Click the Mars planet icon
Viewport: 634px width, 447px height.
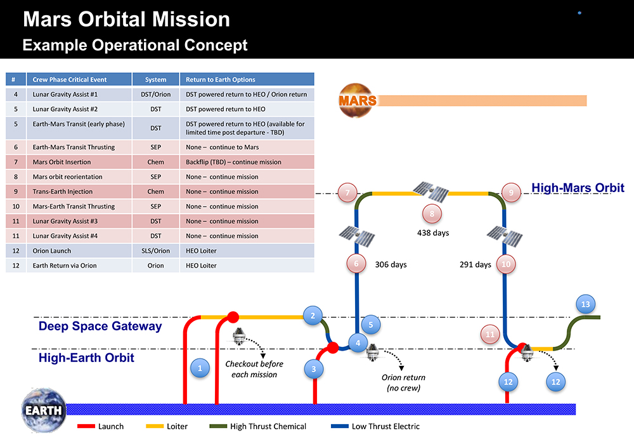(358, 100)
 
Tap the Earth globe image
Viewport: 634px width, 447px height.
(43, 409)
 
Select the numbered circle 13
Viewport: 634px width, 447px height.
(586, 305)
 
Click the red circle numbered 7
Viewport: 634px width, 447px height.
(348, 192)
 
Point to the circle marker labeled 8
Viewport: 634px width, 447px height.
(432, 214)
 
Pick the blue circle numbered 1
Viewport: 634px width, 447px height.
(200, 368)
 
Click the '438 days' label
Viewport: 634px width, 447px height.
(433, 233)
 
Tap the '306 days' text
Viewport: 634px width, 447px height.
(391, 264)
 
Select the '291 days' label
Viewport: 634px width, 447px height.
(475, 264)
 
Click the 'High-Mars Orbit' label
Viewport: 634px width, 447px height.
(578, 188)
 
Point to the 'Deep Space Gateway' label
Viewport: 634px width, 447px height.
(100, 327)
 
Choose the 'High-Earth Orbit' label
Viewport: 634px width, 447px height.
(86, 358)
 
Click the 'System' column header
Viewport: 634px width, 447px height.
(155, 80)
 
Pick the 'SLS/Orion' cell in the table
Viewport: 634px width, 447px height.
(155, 250)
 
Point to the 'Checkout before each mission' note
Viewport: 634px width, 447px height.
(254, 369)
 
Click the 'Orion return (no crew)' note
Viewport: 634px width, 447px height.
(403, 382)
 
